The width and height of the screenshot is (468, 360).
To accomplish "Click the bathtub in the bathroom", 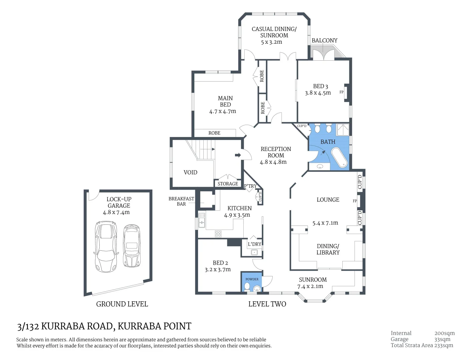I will coord(339,158).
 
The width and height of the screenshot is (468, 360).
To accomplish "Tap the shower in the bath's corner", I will coord(343,130).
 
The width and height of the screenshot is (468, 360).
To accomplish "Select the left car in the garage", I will coord(106,247).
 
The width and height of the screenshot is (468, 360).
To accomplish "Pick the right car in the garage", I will coord(132,246).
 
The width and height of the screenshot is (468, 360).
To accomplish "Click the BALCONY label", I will coord(324,40).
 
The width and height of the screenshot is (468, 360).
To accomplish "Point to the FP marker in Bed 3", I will coord(341,92).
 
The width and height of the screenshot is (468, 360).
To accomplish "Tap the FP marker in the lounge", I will coord(355,201).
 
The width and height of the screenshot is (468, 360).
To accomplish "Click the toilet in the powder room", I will coord(247,286).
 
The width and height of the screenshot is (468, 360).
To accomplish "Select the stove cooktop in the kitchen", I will coord(218,234).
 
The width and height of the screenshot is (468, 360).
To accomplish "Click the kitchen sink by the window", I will coord(202,220).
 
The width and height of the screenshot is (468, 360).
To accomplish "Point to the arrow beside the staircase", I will coord(238,155).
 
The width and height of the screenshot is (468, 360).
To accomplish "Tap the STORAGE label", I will coord(228,184).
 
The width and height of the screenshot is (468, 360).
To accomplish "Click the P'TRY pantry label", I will coord(250,186).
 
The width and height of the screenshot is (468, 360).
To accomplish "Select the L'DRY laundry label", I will coord(254,244).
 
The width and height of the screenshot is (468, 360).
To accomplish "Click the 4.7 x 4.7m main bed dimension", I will coord(222,111).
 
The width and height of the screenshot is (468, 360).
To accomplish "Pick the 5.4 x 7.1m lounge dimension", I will coord(325,223).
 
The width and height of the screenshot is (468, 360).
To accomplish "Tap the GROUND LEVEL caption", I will coord(122,304).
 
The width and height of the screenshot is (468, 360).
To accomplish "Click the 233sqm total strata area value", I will coord(443,345).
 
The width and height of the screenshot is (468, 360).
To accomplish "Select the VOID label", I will coord(190,172).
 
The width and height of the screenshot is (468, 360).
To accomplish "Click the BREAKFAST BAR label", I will coord(181,201).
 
